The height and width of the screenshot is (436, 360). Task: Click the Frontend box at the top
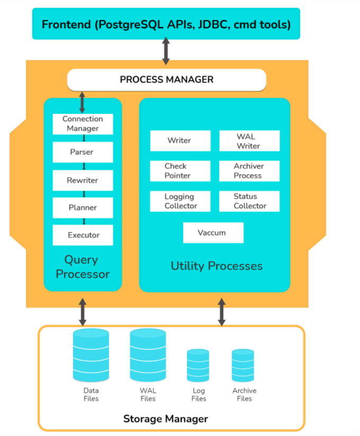tap(166, 24)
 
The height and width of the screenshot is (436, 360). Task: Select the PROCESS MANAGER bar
tap(166, 80)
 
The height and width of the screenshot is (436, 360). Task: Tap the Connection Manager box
tap(83, 124)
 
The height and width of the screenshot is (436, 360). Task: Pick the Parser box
tap(83, 152)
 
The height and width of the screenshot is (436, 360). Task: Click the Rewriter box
tap(83, 180)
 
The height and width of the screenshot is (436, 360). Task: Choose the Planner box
tap(83, 208)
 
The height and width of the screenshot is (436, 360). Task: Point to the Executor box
tap(83, 235)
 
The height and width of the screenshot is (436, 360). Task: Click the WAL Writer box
tap(249, 141)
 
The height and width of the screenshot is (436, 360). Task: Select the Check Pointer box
tap(180, 171)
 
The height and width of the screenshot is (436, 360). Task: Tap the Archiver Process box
tap(249, 171)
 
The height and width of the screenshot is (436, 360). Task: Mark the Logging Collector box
tap(180, 201)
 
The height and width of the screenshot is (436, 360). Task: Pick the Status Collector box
tap(249, 201)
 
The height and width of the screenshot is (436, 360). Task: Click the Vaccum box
tap(213, 233)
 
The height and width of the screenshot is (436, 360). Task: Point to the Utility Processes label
tap(217, 266)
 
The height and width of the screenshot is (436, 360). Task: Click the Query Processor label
tap(83, 267)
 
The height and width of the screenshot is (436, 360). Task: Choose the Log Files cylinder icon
tap(198, 366)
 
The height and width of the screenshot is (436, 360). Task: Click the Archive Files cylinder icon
tap(243, 366)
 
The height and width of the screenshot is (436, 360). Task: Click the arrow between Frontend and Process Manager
tap(166, 51)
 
